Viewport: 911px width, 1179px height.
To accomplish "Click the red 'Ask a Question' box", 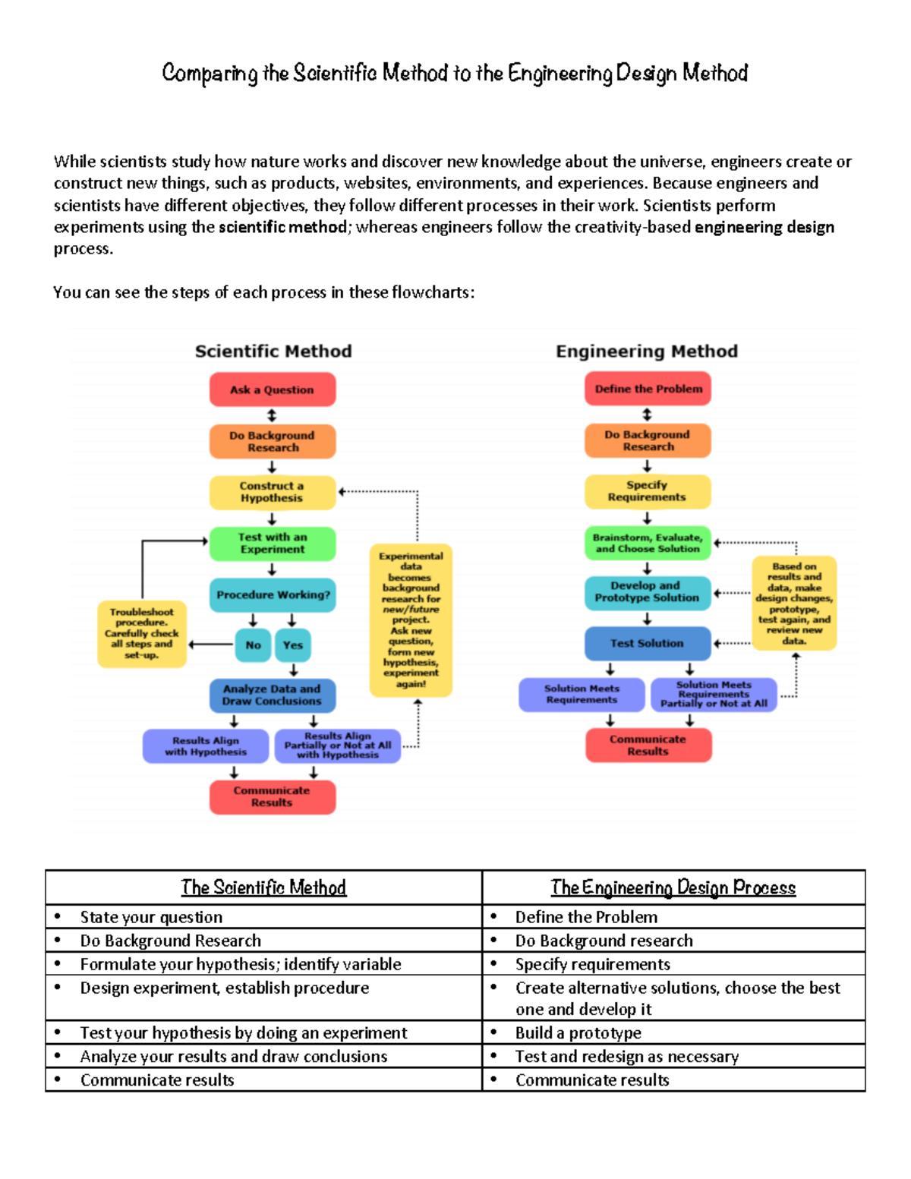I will [273, 389].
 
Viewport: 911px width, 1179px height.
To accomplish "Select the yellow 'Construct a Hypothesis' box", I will [273, 492].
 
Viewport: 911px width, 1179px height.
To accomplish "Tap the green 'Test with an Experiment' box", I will [273, 544].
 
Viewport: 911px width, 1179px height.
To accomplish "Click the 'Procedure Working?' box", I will [273, 594].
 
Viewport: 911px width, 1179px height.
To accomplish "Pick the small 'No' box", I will [253, 645].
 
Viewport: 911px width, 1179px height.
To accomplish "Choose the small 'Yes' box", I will [293, 645].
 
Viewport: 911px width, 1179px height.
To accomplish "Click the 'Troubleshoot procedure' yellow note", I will [142, 633].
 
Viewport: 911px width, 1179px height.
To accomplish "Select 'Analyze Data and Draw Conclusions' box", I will [273, 695].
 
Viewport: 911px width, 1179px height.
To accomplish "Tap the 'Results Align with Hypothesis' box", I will [206, 746].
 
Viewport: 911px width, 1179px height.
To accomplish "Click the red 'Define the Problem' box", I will [648, 389].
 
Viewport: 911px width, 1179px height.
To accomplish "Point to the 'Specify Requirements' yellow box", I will [648, 491].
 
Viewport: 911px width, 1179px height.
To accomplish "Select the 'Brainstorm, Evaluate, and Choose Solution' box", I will [648, 543].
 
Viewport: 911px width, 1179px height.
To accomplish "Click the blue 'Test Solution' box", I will [648, 643].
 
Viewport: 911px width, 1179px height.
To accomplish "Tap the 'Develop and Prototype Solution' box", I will [648, 592].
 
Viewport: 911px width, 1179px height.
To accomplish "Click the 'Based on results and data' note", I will [794, 604].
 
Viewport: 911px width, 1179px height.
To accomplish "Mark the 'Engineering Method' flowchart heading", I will [647, 351].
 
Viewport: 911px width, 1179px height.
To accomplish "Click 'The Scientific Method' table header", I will [263, 887].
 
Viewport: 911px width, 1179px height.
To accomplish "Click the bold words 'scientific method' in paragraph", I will [282, 227].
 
